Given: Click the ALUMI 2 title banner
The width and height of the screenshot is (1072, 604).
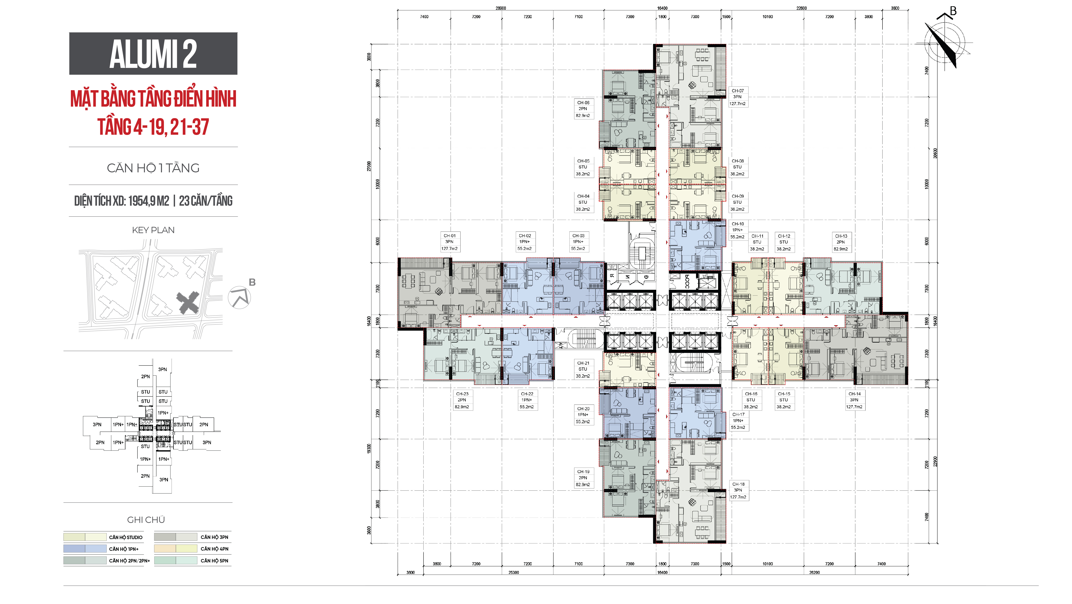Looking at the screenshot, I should tap(153, 54).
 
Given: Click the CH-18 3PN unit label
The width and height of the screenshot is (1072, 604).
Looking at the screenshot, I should tap(738, 490).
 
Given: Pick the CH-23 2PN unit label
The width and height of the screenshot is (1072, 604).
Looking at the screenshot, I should tap(462, 400).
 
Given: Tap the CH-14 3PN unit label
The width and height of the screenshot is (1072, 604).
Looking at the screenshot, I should tap(854, 400).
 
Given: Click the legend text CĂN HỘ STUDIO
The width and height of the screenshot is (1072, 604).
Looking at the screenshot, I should tap(126, 537).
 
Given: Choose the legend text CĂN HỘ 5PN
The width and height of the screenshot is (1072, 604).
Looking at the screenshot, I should tap(214, 561).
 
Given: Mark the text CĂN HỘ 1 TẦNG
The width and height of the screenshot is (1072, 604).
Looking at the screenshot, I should tap(153, 168).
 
